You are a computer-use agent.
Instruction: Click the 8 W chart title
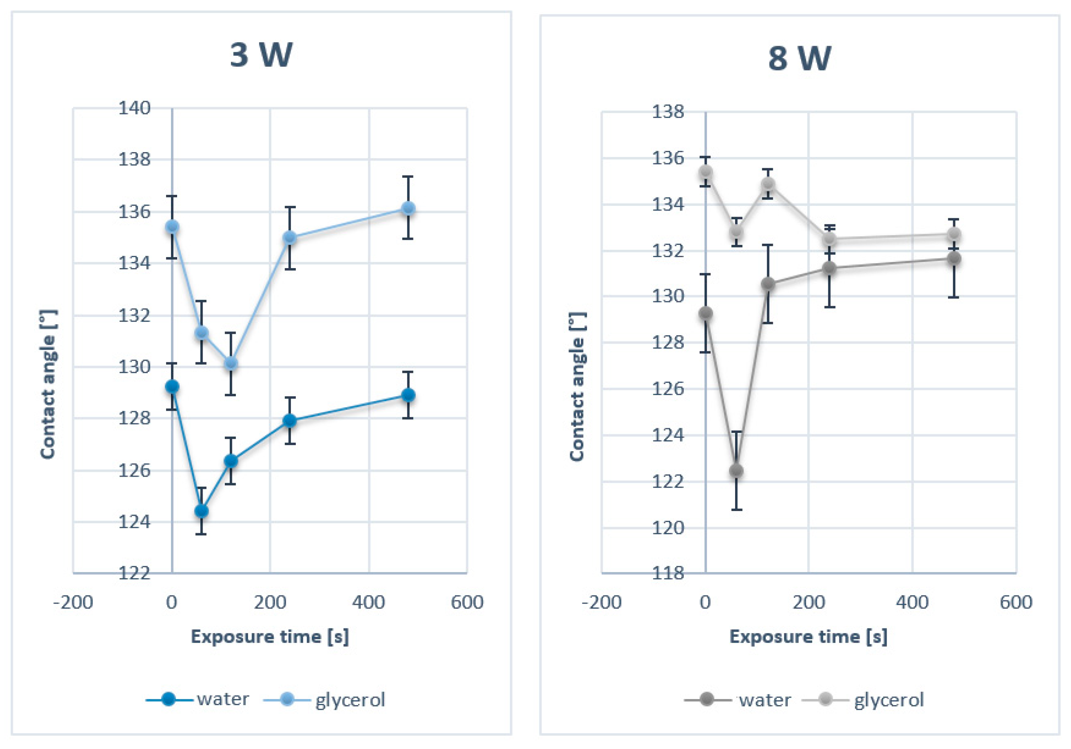click(x=799, y=59)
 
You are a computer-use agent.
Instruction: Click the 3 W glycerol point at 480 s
click(x=408, y=208)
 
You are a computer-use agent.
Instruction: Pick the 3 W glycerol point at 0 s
click(x=172, y=227)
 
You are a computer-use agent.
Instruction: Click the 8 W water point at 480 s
click(x=954, y=258)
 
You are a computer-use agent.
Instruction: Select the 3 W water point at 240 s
click(x=290, y=420)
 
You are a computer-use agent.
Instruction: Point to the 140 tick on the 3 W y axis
click(x=134, y=108)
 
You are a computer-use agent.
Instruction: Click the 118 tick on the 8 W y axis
click(x=668, y=572)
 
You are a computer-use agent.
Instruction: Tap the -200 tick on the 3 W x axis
click(x=73, y=602)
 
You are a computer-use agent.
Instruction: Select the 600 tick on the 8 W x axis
click(x=1016, y=602)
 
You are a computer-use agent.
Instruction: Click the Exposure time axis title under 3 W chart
click(x=269, y=636)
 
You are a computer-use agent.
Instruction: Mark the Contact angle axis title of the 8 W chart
click(x=577, y=386)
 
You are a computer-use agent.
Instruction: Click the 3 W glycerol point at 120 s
click(x=231, y=363)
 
